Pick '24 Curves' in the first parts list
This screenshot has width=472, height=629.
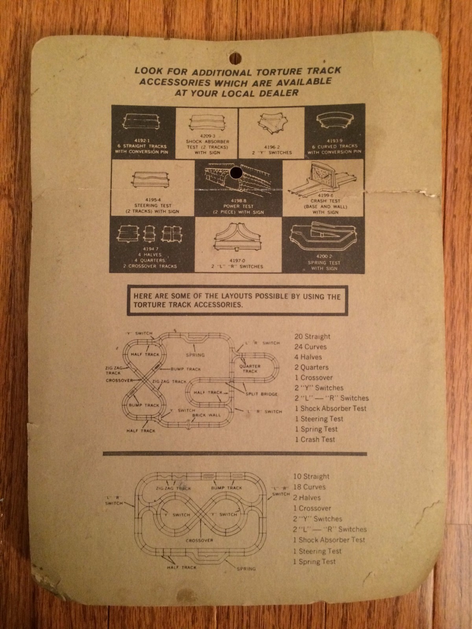pyautogui.click(x=311, y=347)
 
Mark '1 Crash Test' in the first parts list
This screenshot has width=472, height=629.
pyautogui.click(x=315, y=440)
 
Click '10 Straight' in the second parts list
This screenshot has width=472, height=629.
pyautogui.click(x=311, y=476)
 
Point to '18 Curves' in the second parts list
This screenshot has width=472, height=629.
pyautogui.click(x=310, y=487)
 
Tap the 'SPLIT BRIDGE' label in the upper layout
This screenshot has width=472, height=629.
pyautogui.click(x=261, y=394)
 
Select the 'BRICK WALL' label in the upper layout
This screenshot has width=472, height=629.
pyautogui.click(x=206, y=415)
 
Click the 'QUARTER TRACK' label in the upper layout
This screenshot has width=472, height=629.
pyautogui.click(x=250, y=368)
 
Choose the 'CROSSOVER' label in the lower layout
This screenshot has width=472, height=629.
pyautogui.click(x=199, y=540)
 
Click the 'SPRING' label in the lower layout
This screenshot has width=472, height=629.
pyautogui.click(x=246, y=568)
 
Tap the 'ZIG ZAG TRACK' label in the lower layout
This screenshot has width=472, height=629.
pyautogui.click(x=173, y=488)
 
